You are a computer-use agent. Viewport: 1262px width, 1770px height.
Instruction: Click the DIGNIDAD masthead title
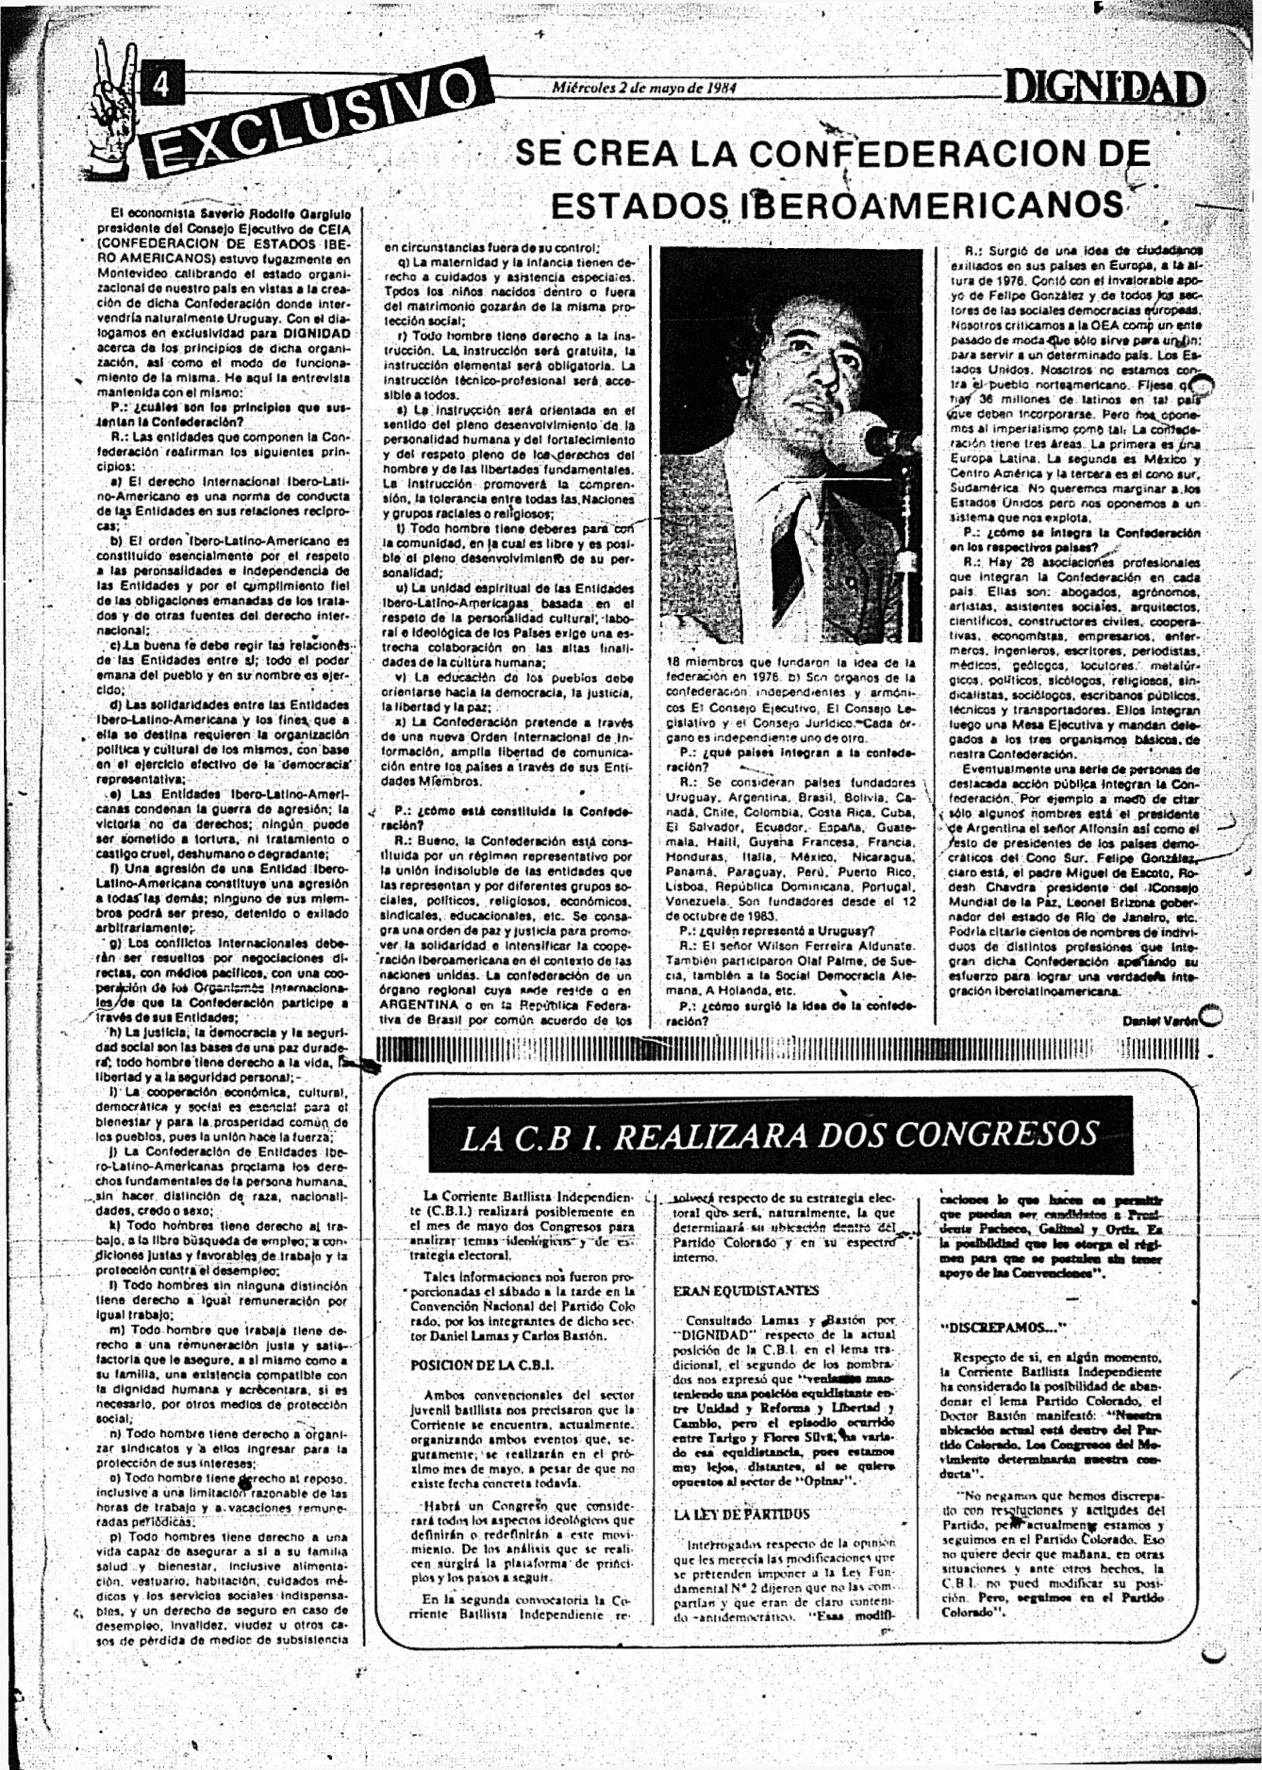(1104, 91)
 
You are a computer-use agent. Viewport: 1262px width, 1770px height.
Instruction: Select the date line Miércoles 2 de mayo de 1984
(643, 88)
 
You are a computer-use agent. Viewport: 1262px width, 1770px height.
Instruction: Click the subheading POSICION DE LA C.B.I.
(481, 1365)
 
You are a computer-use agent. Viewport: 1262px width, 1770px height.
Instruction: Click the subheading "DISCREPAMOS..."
(1003, 1327)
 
